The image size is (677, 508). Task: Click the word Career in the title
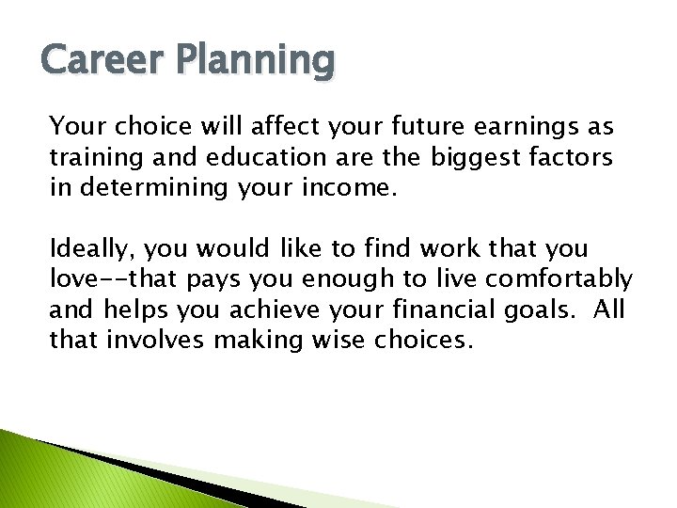tap(102, 62)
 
